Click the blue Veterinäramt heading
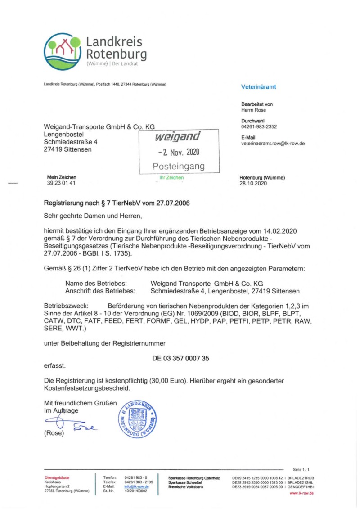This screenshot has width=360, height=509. [259, 87]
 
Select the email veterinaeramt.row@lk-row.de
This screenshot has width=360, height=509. [273, 143]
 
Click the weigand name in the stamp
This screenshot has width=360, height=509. [178, 136]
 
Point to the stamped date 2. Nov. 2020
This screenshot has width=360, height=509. [179, 152]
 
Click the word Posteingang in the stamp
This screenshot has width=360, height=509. [179, 166]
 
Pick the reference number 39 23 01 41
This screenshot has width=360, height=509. [61, 183]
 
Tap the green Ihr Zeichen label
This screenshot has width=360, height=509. [171, 177]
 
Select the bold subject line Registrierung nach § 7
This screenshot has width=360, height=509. [117, 203]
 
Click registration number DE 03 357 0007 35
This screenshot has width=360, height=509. [181, 358]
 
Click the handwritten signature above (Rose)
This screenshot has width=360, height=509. [67, 423]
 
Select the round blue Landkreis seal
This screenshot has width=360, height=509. [137, 419]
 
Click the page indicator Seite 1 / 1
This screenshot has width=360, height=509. [301, 469]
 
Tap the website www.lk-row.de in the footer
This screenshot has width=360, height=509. [301, 493]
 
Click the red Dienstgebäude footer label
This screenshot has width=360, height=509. [57, 477]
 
